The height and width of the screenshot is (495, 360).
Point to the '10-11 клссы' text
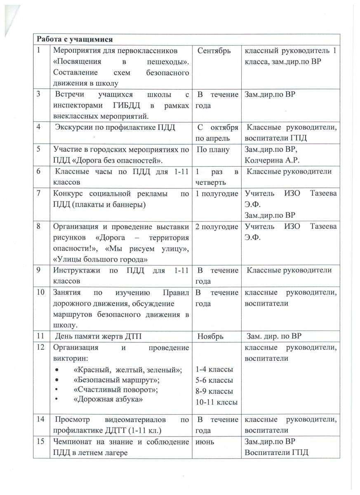click(x=217, y=401)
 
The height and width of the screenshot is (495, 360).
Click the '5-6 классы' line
click(x=214, y=379)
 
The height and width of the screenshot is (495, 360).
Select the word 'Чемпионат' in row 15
click(x=72, y=442)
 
